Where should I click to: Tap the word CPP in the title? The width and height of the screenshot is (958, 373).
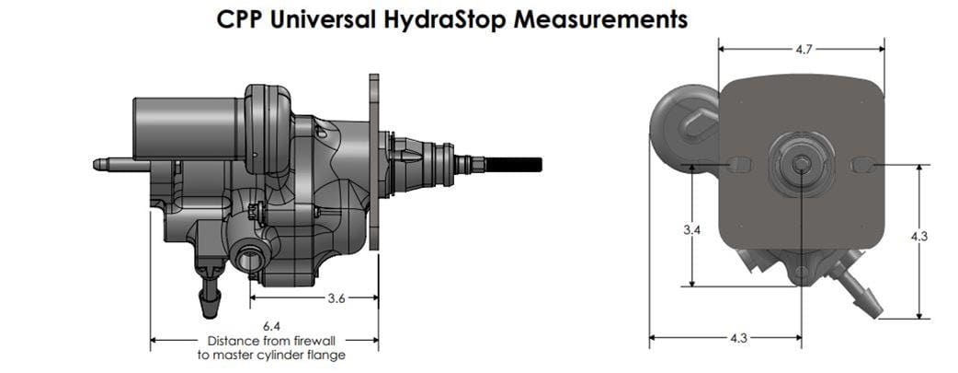(x=242, y=19)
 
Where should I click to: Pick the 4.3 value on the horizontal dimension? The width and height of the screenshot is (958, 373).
(x=737, y=339)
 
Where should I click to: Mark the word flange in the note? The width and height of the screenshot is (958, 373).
(x=327, y=355)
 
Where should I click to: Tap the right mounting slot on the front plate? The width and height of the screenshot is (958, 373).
(x=863, y=165)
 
